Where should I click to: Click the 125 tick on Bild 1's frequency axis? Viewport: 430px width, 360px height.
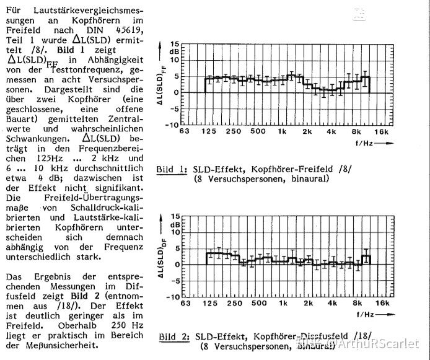click(208, 131)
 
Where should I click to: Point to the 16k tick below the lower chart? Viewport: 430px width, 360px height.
click(382, 304)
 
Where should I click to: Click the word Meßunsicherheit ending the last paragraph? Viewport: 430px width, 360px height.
click(66, 345)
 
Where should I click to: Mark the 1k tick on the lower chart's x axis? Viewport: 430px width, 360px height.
click(282, 304)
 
